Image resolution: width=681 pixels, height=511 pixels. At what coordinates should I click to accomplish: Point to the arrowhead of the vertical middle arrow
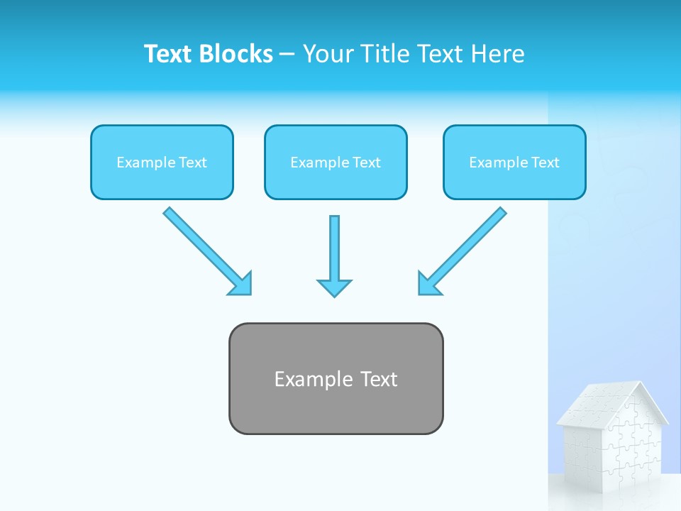click(x=334, y=287)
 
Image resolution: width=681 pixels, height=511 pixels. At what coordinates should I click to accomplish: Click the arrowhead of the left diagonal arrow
click(x=241, y=285)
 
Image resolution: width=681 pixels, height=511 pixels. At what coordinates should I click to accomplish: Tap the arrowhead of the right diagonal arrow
click(x=428, y=284)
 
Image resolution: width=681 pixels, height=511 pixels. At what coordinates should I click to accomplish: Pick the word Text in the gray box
click(x=379, y=379)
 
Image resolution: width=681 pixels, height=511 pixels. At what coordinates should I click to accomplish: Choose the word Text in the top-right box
click(x=545, y=163)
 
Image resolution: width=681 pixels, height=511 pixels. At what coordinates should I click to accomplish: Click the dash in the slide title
click(x=287, y=55)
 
